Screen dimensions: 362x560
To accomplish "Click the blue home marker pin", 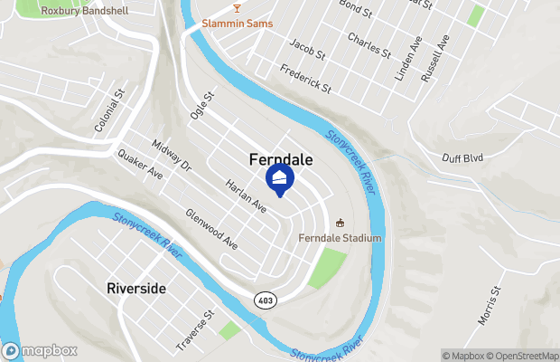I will pos(279,179).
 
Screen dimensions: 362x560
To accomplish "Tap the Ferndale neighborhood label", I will pos(281,159).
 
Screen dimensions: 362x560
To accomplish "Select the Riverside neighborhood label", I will pos(136,288).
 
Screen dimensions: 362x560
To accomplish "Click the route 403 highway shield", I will pos(266,300).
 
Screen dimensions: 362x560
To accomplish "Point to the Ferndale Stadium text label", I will pos(341,238).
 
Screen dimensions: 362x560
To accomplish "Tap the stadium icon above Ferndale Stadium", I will pos(341,223).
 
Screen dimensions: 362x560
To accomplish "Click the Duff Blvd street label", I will pos(462,157).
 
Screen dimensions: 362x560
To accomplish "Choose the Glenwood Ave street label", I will pos(210,229).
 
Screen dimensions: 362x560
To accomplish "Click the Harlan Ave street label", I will pos(246,193).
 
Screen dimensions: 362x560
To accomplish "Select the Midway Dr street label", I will pos(172,156).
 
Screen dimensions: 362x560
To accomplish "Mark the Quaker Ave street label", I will pos(139,163).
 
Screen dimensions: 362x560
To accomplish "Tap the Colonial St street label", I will pos(107,112).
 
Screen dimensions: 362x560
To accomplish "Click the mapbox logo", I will pos(40,350).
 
